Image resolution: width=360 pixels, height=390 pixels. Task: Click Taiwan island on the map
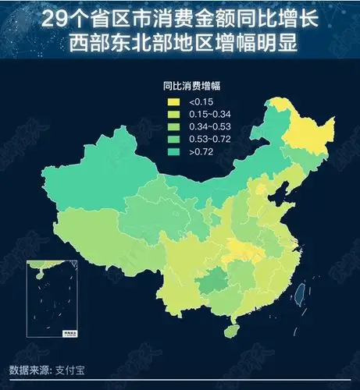point(298,294)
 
